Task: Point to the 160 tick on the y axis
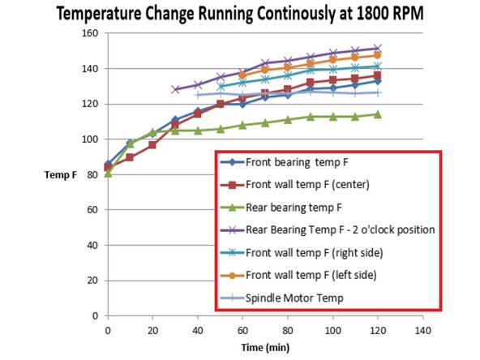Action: click(89, 33)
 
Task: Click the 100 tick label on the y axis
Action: click(89, 139)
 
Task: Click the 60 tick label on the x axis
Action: click(242, 330)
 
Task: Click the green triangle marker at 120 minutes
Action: click(377, 114)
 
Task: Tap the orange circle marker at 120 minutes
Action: click(377, 55)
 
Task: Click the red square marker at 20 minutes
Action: click(152, 144)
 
